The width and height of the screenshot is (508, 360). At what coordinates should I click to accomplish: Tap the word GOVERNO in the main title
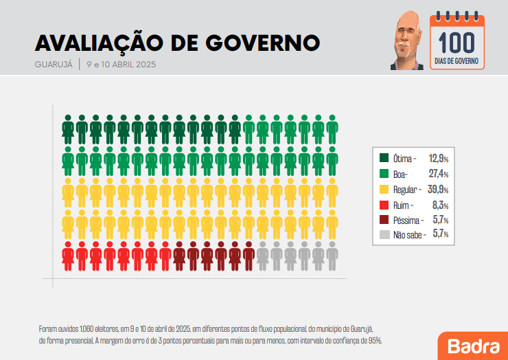(x=264, y=43)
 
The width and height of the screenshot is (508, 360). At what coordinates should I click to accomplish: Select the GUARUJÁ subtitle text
(x=53, y=65)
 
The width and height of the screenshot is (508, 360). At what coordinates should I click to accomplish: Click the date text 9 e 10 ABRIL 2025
(x=122, y=65)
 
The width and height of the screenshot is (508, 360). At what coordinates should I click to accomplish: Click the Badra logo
(x=472, y=345)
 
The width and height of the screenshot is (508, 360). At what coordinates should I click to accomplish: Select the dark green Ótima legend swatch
(x=384, y=158)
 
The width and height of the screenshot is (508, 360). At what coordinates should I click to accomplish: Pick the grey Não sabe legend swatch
(x=384, y=235)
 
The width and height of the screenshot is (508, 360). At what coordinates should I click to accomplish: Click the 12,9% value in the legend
(x=438, y=158)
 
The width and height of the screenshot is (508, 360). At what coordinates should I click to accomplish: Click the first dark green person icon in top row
(x=69, y=130)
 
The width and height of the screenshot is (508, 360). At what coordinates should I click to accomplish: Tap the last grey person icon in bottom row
(x=332, y=257)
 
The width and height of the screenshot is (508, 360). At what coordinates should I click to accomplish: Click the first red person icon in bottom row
(x=69, y=257)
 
